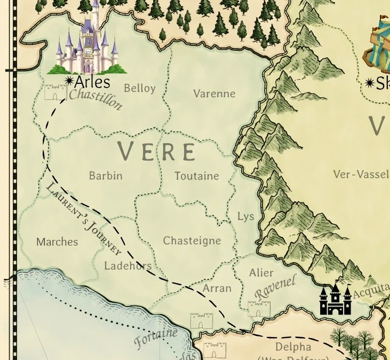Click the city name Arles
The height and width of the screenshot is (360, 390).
click(92, 82)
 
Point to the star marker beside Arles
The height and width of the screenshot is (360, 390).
click(69, 81)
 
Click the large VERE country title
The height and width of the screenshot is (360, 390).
click(157, 152)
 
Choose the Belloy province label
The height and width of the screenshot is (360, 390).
click(139, 88)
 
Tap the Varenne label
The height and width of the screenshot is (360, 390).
click(214, 94)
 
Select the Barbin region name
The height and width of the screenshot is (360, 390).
click(106, 176)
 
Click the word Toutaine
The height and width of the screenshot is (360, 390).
click(196, 176)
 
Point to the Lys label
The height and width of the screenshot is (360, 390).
click(245, 216)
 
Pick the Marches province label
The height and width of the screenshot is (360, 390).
click(57, 242)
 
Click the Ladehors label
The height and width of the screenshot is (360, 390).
click(128, 266)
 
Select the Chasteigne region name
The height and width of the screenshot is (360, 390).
click(192, 241)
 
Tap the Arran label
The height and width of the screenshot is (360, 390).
click(217, 288)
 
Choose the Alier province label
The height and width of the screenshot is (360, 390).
click(261, 273)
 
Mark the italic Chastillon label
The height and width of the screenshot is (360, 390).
click(96, 99)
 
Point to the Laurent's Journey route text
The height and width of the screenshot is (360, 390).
click(84, 219)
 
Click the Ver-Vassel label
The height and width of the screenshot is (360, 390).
click(361, 175)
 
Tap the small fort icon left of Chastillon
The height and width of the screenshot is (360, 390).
click(55, 92)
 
